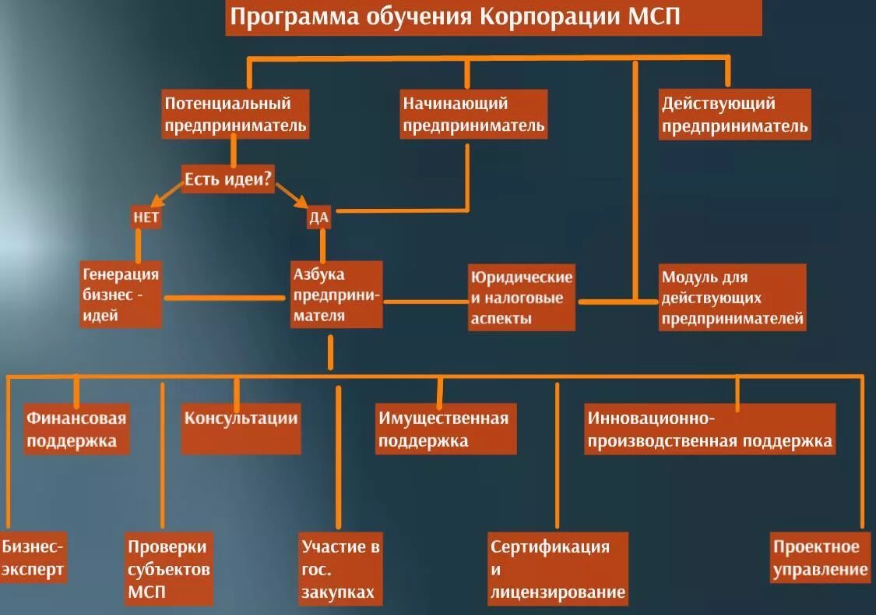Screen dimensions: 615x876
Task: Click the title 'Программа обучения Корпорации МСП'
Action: (x=494, y=18)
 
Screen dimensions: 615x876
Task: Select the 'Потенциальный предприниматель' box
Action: (x=236, y=115)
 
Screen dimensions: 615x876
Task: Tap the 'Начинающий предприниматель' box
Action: (x=473, y=115)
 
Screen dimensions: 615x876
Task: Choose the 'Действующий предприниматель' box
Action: (x=734, y=115)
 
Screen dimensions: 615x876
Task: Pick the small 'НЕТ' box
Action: (x=146, y=217)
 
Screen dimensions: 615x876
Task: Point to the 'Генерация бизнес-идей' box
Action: (x=121, y=295)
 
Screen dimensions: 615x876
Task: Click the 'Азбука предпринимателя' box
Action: (x=336, y=295)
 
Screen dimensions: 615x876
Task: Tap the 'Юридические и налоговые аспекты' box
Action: (x=522, y=298)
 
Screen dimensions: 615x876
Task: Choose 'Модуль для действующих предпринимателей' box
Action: (x=732, y=298)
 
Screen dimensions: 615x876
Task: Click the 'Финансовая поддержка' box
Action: (x=76, y=429)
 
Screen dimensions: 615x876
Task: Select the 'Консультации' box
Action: (x=241, y=429)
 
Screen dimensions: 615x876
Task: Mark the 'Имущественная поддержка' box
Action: (x=445, y=429)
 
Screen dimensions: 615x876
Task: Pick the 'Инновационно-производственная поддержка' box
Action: (x=709, y=429)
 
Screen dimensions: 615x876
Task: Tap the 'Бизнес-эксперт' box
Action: (x=33, y=557)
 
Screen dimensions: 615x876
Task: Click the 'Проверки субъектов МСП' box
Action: (x=169, y=569)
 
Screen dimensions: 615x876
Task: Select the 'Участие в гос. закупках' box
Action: (x=340, y=569)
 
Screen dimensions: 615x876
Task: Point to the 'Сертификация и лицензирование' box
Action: (x=558, y=569)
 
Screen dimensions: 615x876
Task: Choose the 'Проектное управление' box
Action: (x=819, y=557)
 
